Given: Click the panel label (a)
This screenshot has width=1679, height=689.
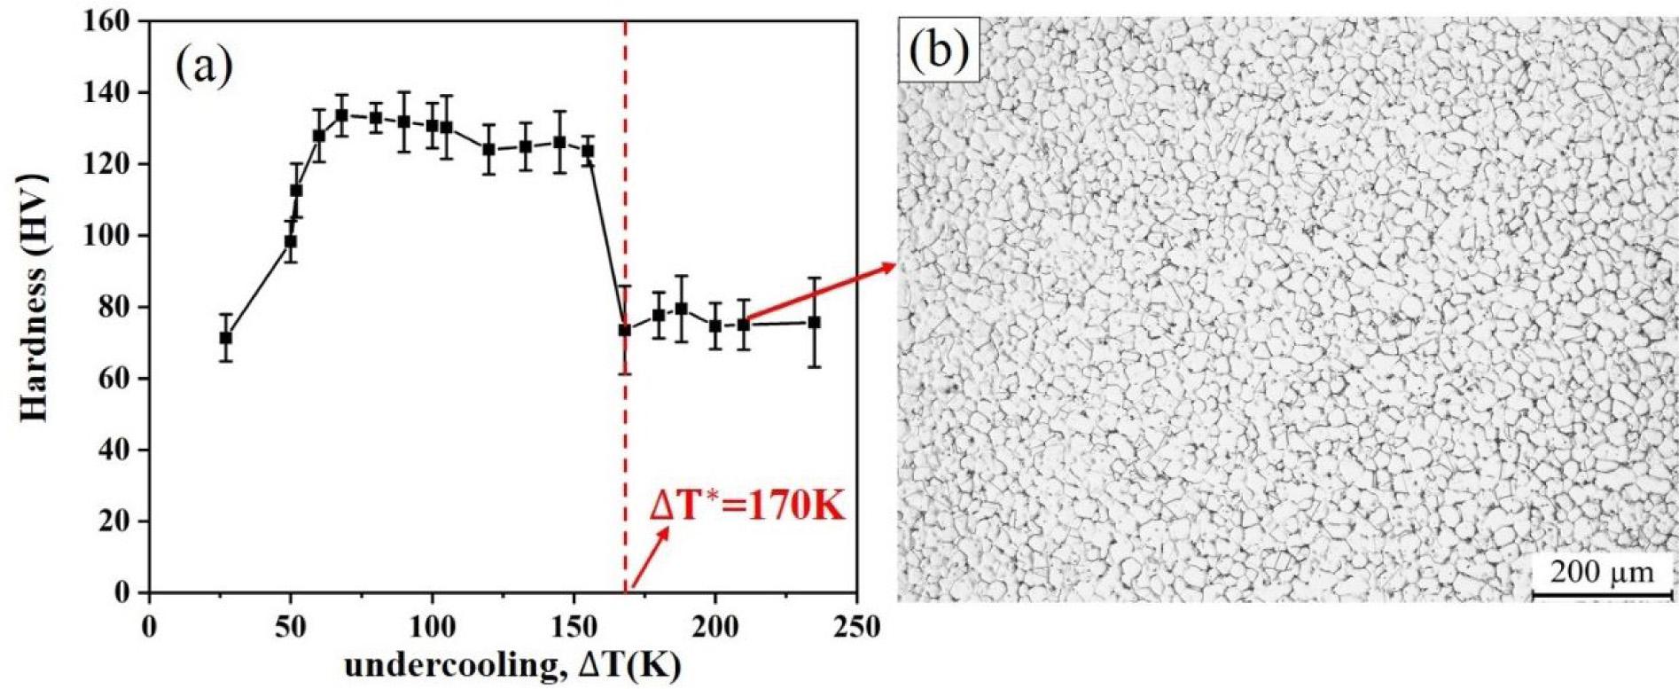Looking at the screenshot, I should [x=204, y=66].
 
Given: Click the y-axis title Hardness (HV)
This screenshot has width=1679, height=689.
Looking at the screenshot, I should [x=34, y=296].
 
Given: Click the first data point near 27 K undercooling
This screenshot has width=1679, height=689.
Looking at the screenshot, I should [x=226, y=338].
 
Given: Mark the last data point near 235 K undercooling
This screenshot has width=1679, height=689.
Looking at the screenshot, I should [x=814, y=323].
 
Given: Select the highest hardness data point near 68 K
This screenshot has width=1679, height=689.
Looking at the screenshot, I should [x=341, y=115].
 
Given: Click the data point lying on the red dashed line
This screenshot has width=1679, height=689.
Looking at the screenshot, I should [x=625, y=330].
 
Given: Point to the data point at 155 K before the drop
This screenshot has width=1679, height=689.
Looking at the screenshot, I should [x=587, y=151].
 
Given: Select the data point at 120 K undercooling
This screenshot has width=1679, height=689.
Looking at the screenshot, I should [x=488, y=149].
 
